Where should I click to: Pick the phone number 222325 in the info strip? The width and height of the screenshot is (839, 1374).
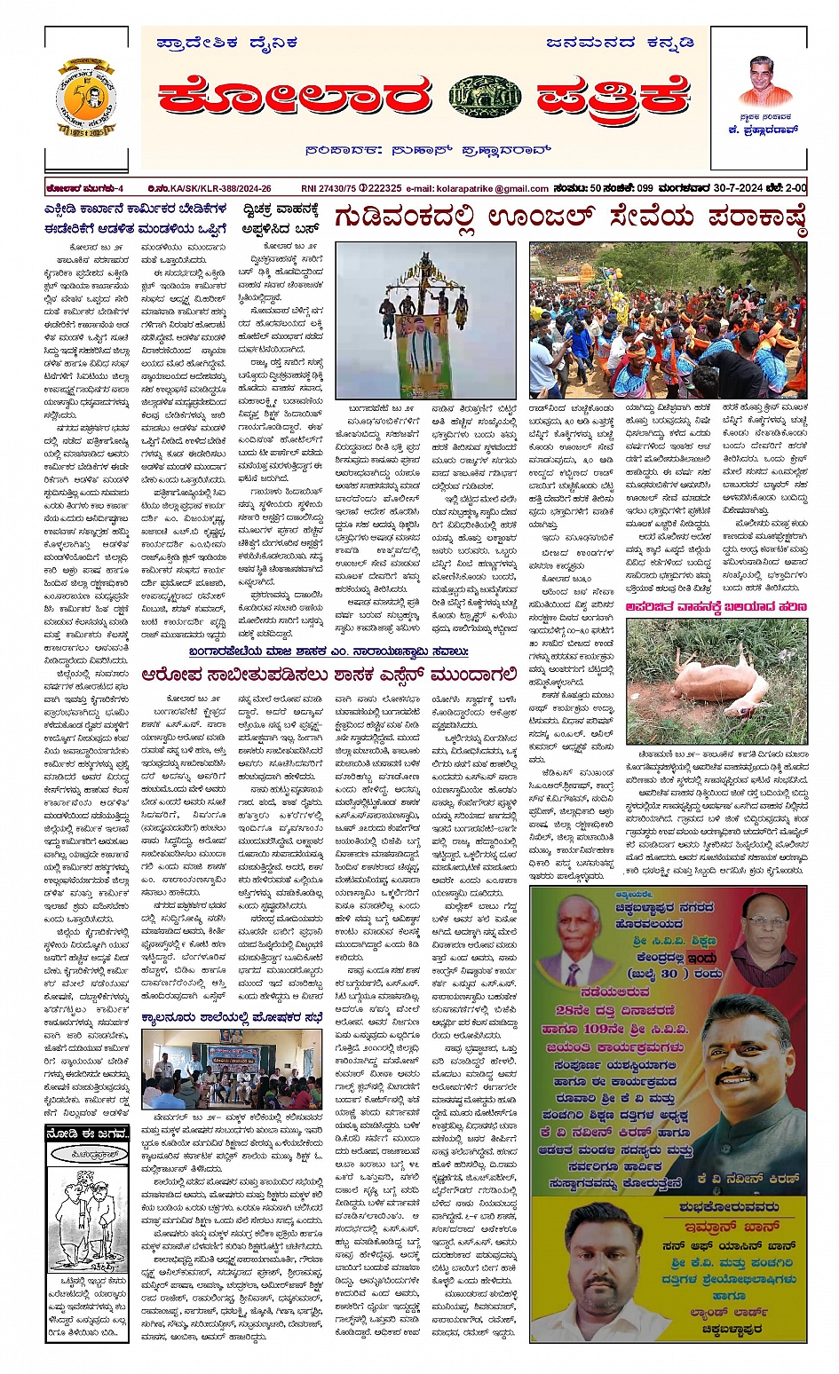[383, 188]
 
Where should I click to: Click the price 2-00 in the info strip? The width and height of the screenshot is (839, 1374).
[795, 188]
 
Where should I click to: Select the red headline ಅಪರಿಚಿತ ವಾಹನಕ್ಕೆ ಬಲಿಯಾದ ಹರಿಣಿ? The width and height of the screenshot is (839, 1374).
[716, 607]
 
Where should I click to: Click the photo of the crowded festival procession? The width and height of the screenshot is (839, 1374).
[669, 320]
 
